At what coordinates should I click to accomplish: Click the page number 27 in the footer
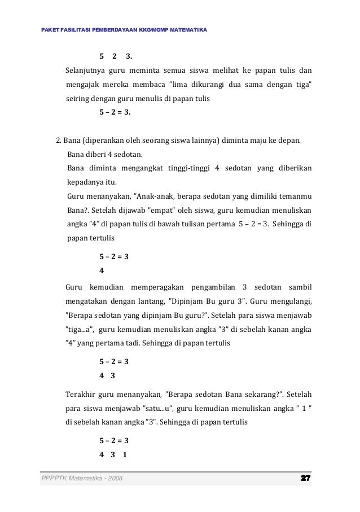[x=306, y=479]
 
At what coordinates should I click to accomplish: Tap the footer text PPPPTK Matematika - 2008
[x=82, y=479]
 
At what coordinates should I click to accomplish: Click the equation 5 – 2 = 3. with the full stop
[x=115, y=112]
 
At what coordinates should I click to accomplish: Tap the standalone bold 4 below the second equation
[x=101, y=269]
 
